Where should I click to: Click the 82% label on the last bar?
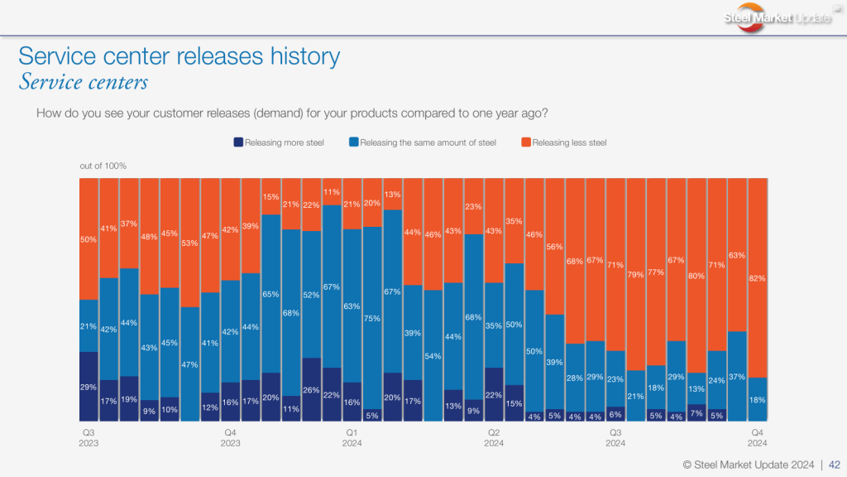[x=757, y=279]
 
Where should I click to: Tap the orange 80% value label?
[x=696, y=276]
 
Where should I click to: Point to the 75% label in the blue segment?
[x=373, y=318]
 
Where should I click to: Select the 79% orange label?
[x=636, y=274]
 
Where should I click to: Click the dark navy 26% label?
[x=312, y=390]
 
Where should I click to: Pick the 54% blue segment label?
[x=433, y=356]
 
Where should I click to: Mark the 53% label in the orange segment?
[x=190, y=243]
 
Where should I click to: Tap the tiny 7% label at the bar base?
[x=696, y=412]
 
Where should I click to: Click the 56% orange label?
[x=555, y=247]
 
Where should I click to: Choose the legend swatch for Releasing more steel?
[x=238, y=142]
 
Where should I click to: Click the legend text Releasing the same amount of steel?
[x=428, y=142]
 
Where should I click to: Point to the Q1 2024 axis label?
[x=352, y=438]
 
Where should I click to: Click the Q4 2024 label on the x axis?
[x=757, y=438]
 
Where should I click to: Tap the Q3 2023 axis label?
[x=89, y=438]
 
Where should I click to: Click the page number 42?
[x=835, y=465]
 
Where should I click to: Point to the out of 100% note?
[x=103, y=166]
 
